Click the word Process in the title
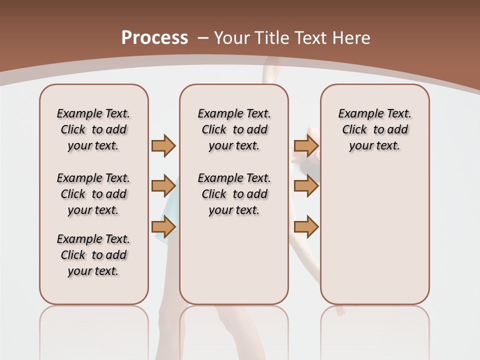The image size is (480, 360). coord(154,38)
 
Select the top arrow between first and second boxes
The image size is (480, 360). coord(163,145)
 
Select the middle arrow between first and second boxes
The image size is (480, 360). coord(163,186)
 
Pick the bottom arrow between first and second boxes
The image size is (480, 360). coord(163,227)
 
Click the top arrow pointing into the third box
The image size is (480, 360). coord(306,145)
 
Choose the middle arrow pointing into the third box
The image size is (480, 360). coord(306,186)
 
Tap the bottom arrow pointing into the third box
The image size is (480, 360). coord(306,227)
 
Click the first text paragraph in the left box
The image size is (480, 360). coord(93,129)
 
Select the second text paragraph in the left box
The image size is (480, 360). coord(93,194)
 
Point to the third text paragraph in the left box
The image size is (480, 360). coord(93,255)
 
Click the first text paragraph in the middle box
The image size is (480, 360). coord(234,129)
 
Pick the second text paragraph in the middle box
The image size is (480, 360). coord(234,194)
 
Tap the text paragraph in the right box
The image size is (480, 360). coord(374,129)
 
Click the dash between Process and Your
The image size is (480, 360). coord(203,38)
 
